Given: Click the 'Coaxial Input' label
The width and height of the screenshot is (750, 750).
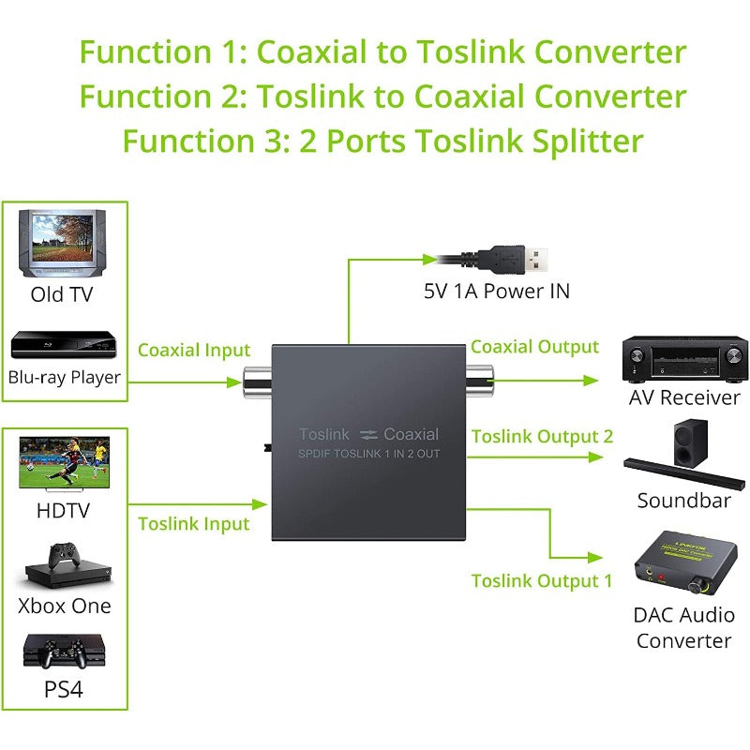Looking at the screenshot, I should (194, 350).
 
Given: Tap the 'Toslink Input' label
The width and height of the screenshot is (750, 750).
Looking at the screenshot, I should (194, 523).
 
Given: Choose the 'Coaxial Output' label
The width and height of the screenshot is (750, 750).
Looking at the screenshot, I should (534, 347).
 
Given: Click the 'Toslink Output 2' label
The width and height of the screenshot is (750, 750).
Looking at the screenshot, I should (542, 436).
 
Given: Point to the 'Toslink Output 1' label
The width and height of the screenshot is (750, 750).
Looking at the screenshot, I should (542, 580).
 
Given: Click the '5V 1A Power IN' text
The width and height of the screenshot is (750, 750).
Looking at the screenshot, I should (496, 291).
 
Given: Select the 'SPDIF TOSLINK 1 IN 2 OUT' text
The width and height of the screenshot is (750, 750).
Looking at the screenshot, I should (368, 455).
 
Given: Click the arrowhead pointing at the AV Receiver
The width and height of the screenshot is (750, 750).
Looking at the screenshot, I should (591, 381).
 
